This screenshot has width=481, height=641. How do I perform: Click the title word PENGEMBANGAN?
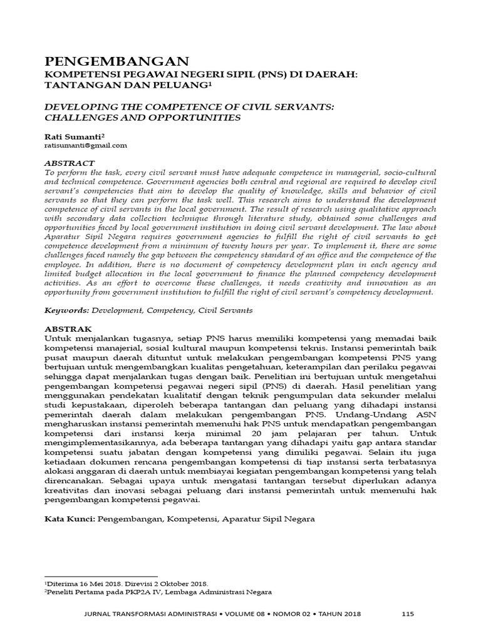click(116, 61)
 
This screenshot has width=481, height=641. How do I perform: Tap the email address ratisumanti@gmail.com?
click(86, 145)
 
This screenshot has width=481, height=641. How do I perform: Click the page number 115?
click(408, 614)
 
